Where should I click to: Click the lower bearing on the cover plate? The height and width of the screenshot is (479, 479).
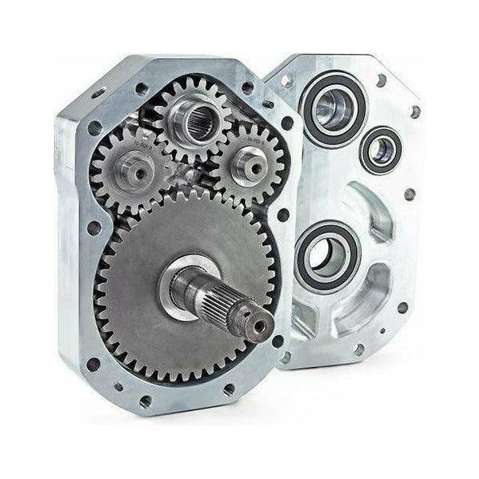pos(328,255)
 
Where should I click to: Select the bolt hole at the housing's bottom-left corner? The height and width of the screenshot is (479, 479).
pos(94,364)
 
